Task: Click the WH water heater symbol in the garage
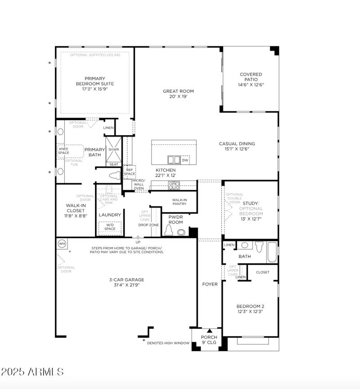[x=62, y=244]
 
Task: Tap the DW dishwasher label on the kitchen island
[x=185, y=160]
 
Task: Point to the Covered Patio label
[x=251, y=80]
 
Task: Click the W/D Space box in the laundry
[x=110, y=226]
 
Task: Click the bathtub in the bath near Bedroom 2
[x=272, y=253]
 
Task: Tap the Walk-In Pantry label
[x=180, y=202]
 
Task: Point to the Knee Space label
[x=63, y=150]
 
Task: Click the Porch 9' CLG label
[x=209, y=339]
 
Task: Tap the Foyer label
[x=210, y=284]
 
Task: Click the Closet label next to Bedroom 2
[x=263, y=272]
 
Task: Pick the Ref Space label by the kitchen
[x=130, y=172]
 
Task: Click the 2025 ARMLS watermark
[x=32, y=372]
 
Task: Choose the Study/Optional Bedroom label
[x=251, y=211]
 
